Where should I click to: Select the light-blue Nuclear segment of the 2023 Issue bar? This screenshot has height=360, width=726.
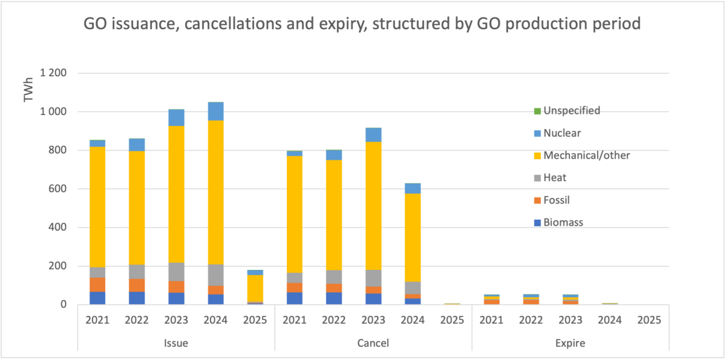click(x=177, y=117)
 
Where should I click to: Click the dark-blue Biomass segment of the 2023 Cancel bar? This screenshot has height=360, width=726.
click(x=373, y=299)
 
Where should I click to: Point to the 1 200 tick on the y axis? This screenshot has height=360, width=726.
click(x=53, y=73)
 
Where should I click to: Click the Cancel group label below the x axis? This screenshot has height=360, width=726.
click(x=373, y=343)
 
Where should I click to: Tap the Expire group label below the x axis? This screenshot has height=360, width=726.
click(x=571, y=343)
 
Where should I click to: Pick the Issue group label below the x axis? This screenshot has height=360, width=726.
click(x=176, y=343)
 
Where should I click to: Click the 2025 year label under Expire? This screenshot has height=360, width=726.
click(x=649, y=319)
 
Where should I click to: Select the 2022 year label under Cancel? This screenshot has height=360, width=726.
click(x=334, y=319)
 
